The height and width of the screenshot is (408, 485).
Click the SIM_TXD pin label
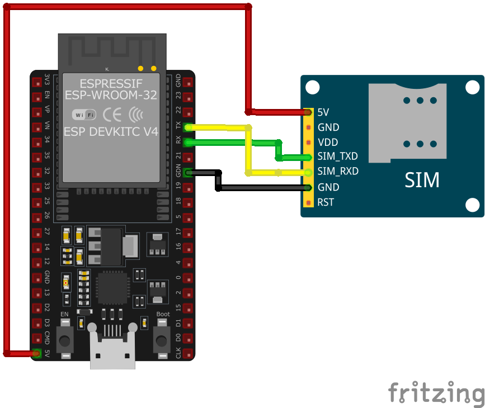[x=337, y=156]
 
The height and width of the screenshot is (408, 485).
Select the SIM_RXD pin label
[x=338, y=171]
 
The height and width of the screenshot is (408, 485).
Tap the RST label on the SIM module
[x=326, y=202]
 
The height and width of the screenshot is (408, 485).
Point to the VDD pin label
[x=327, y=142]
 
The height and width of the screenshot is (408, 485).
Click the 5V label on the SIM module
[x=323, y=112]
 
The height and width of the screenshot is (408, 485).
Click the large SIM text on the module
[x=422, y=180]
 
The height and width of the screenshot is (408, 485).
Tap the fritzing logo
[x=436, y=392]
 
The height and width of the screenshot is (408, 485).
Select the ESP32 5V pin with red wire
[x=37, y=353]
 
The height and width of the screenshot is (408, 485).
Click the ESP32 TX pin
[x=188, y=127]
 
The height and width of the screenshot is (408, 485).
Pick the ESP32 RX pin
[x=188, y=143]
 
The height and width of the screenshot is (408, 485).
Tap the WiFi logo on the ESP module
[x=84, y=115]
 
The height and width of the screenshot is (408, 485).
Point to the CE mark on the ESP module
[x=112, y=115]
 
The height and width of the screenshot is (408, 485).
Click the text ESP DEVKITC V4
[x=111, y=132]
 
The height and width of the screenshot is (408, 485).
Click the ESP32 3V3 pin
[x=37, y=82]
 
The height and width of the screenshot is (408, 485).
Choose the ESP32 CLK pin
[x=188, y=353]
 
